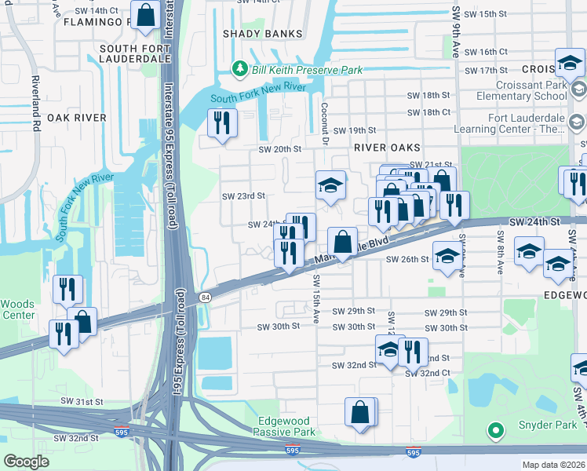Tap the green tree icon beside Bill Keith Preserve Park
click(241, 70)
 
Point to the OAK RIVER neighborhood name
click(76, 118)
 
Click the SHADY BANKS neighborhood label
click(262, 34)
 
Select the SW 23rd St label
click(243, 196)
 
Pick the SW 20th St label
click(281, 149)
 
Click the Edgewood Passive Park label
click(286, 426)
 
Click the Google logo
click(27, 462)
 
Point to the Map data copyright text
click(554, 465)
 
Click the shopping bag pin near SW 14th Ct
click(145, 15)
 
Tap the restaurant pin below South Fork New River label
click(221, 122)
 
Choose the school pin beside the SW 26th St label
click(447, 257)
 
